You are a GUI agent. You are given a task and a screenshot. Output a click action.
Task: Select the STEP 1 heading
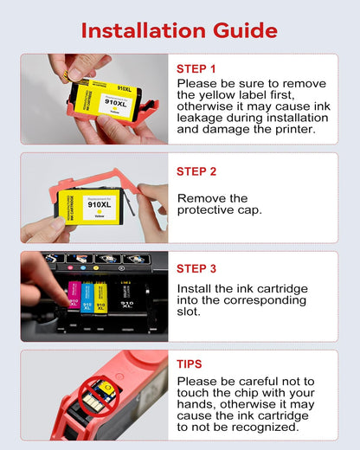pyautogui.click(x=196, y=68)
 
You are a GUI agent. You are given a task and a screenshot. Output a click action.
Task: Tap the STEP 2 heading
pyautogui.click(x=196, y=171)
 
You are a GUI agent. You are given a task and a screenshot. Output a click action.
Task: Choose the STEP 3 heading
pyautogui.click(x=196, y=267)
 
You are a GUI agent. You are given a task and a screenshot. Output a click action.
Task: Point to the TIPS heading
pyautogui.click(x=190, y=364)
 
